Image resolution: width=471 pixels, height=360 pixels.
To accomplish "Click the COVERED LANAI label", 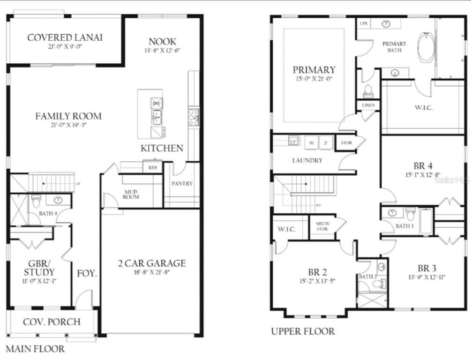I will [65, 37].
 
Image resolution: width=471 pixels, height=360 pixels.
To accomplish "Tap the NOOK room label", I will [163, 41].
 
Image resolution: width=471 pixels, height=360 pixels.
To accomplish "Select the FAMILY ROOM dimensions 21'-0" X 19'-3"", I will [68, 125].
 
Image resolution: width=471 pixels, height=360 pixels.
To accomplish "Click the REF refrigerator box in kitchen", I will [152, 166].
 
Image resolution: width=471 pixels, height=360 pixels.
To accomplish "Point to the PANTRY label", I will [182, 183].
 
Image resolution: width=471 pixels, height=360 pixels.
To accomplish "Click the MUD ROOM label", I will [131, 194].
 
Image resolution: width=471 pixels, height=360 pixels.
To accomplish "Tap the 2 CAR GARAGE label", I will [151, 263].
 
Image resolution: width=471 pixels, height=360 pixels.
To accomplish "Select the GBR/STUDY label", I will [39, 268].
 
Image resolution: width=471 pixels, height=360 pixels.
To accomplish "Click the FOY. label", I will [87, 273].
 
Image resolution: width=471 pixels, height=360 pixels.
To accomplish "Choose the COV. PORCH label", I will [52, 322].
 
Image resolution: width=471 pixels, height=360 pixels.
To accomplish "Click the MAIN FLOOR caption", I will [35, 349].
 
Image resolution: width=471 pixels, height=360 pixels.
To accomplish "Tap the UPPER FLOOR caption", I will [303, 331].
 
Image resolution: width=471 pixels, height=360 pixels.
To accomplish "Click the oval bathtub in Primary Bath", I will [426, 47].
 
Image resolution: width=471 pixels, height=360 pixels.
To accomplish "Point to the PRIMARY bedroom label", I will [314, 70].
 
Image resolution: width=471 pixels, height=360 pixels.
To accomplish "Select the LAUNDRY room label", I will [307, 160].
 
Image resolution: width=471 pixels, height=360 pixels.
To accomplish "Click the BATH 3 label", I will [404, 226].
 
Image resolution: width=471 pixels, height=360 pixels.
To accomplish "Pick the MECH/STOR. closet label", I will [322, 226].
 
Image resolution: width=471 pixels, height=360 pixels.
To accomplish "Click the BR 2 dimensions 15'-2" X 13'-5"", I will [317, 281].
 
